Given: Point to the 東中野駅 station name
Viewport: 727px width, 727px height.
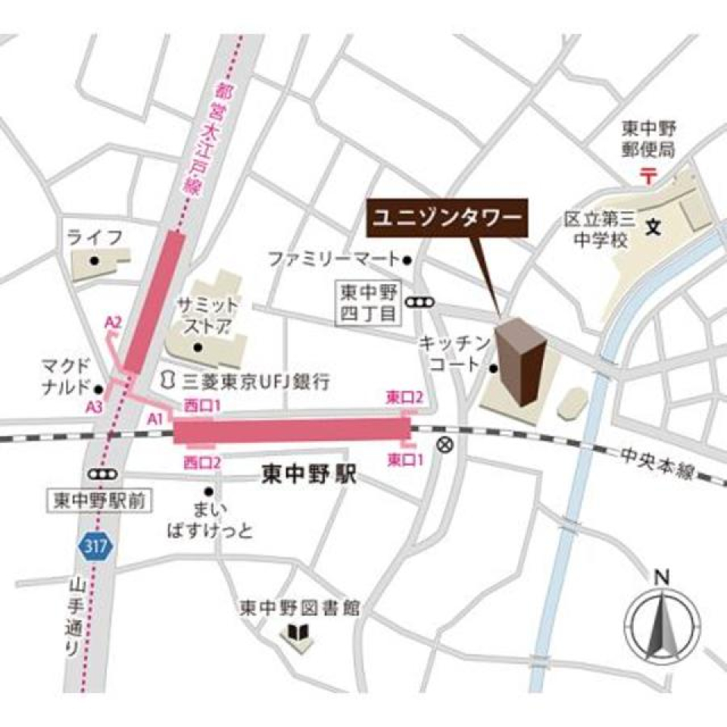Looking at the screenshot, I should click(x=308, y=476).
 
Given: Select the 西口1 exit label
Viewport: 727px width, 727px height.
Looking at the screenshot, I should click(x=202, y=406).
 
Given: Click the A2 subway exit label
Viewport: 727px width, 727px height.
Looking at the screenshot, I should click(x=113, y=323).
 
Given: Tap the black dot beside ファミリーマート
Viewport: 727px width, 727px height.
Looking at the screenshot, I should click(x=407, y=260).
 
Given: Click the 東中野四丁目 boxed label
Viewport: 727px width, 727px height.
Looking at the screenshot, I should click(x=369, y=303).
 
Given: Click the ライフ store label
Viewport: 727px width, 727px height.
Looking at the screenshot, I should click(x=95, y=238).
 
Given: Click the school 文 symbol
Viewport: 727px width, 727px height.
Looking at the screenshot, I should click(x=652, y=226).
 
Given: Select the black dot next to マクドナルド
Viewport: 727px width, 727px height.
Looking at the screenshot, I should click(x=98, y=390).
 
